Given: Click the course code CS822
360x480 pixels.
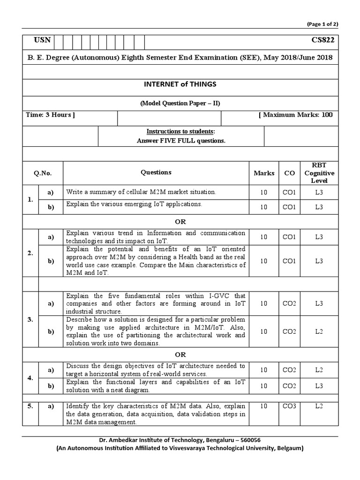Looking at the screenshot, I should tap(323, 40).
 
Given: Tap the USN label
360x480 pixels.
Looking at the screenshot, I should tap(42, 40).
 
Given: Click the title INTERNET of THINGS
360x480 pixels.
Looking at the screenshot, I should tap(181, 84).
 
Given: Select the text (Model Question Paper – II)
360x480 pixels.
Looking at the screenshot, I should tap(180, 104).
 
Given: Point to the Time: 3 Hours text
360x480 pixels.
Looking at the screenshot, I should tap(50, 115).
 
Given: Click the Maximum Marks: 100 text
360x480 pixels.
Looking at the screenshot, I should tap(295, 115).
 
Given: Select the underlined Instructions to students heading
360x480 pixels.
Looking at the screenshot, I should tap(181, 131).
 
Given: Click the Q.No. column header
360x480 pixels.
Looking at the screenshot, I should tap(43, 173).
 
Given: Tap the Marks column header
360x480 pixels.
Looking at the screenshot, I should tap(264, 173).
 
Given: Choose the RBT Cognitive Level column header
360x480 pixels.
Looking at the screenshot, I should tap(319, 173).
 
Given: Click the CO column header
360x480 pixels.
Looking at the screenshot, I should tap(289, 173).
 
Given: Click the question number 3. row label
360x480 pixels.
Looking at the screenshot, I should tap(30, 319).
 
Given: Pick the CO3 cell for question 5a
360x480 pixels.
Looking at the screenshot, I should tap(289, 406).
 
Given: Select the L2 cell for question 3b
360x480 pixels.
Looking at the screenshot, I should tap(319, 331).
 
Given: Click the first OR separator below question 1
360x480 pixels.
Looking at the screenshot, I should tap(180, 222).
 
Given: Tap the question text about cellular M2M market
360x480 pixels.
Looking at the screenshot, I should tap(141, 192).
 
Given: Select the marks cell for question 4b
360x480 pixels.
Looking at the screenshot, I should tap(264, 385).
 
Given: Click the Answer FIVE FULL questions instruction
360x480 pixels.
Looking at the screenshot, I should tap(181, 141).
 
